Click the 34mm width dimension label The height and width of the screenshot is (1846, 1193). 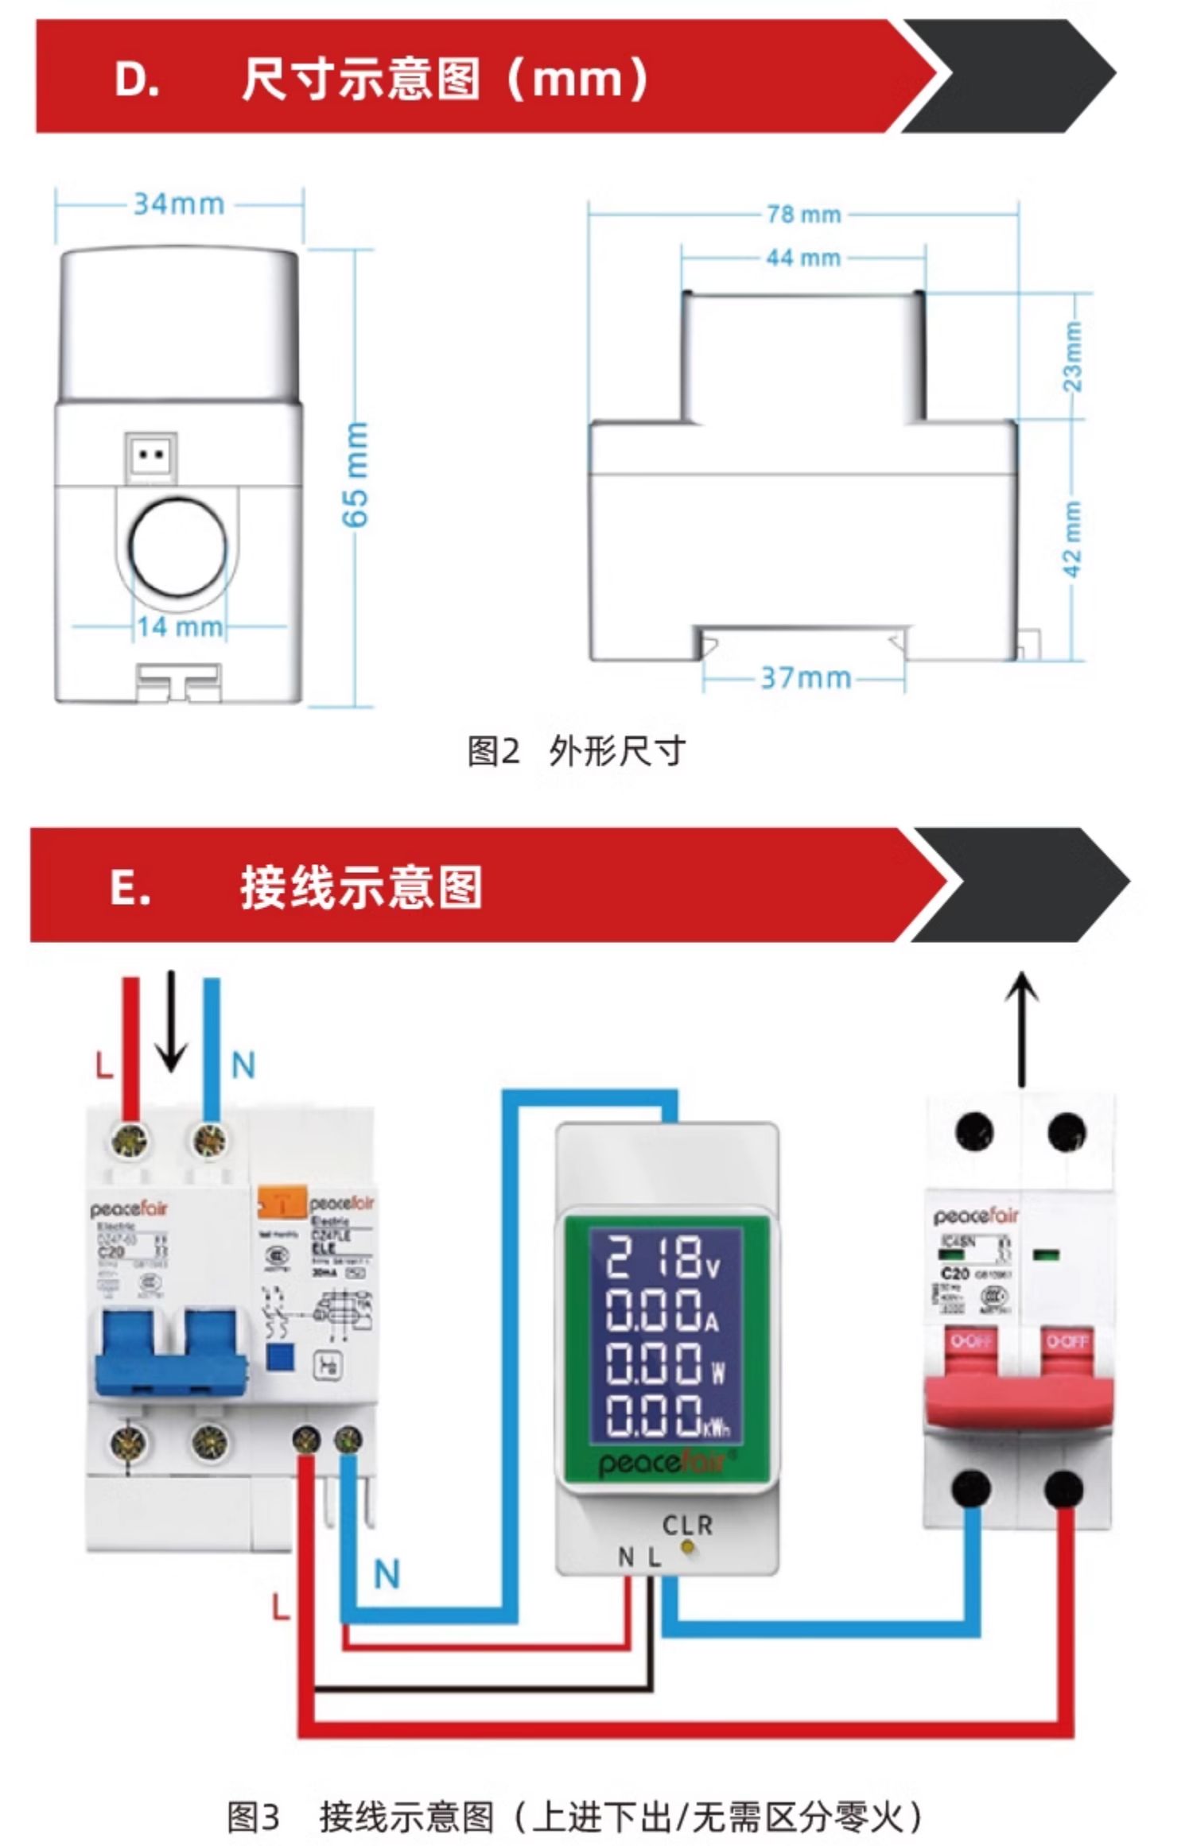point(179,204)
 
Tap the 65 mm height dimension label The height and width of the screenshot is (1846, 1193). point(356,475)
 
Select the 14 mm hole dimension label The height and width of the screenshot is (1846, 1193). point(180,626)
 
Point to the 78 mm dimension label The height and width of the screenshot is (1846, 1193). point(803,215)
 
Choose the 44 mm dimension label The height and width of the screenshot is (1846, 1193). point(803,258)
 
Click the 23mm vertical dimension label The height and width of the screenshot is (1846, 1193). point(1073,355)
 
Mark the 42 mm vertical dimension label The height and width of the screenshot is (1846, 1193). point(1073,538)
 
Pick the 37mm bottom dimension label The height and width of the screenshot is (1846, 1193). point(805,678)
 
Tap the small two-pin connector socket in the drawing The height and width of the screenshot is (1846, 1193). point(150,456)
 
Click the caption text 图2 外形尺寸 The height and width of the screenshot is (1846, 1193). point(576,751)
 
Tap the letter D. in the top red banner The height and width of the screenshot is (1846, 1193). point(137,80)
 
